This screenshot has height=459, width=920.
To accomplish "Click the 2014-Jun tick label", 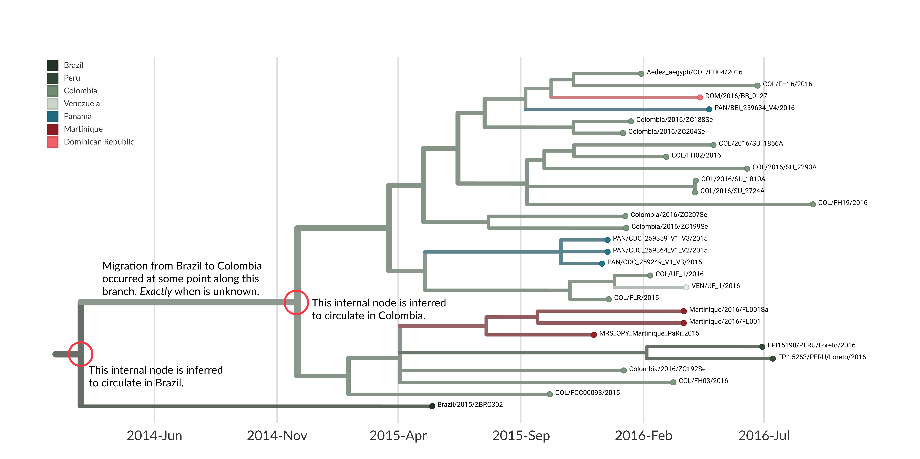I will coord(154,436).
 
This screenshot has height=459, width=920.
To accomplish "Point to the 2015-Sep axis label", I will coord(521,436).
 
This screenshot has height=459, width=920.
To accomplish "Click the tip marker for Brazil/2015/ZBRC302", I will coord(432,406).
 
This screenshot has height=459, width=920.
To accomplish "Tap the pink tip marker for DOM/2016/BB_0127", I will coord(700,97).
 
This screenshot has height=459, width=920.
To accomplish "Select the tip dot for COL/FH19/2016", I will coord(812,204).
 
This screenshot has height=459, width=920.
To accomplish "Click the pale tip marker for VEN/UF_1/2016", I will coord(686,287).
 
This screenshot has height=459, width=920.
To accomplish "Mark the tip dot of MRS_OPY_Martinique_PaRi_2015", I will coord(594,335).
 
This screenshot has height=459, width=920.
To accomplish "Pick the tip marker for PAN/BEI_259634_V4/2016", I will coord(709,109).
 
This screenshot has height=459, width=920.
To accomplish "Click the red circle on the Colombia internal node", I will coord(296,302).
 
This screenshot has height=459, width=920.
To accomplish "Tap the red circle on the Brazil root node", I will coord(81,354).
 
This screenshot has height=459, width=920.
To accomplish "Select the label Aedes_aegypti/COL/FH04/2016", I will coord(694,72).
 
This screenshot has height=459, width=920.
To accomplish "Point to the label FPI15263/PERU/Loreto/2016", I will coord(821,357).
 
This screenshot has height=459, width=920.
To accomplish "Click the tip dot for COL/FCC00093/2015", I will coord(550,394).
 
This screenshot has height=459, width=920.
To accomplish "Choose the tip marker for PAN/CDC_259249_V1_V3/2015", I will coord(602,264).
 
